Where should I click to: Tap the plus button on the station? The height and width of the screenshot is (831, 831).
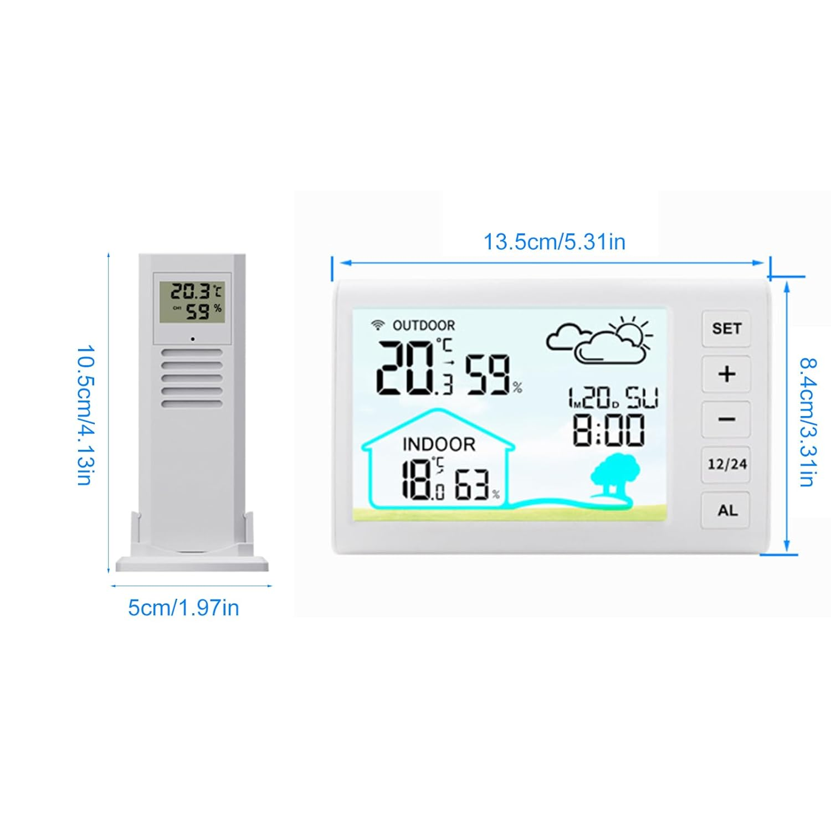point(726,374)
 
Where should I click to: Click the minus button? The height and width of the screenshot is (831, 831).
point(726,419)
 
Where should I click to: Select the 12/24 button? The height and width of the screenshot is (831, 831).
point(726,464)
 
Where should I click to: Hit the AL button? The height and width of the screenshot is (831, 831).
point(726,510)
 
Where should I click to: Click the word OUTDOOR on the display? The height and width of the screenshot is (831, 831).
point(424,325)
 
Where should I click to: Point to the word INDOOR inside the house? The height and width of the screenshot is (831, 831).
point(439,444)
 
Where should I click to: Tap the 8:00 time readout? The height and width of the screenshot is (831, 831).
point(608,430)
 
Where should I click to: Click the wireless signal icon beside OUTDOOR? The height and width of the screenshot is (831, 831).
point(378,325)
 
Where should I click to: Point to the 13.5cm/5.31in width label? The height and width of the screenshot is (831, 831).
point(554,242)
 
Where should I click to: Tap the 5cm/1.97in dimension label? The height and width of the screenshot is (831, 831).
point(183,608)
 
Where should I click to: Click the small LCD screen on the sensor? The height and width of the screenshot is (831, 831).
point(192,302)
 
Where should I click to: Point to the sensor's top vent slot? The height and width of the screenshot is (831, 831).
point(192,352)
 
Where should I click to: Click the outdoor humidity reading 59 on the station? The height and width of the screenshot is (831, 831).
point(488,375)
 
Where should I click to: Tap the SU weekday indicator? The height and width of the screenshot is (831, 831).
point(642,398)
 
